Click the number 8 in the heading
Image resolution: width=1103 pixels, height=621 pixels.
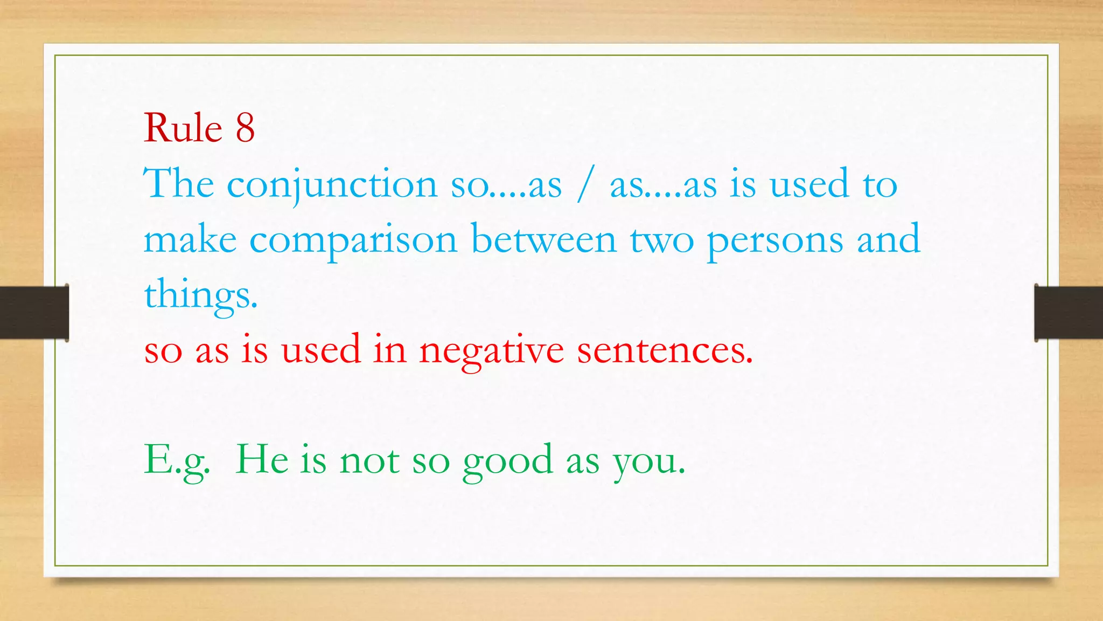(x=245, y=128)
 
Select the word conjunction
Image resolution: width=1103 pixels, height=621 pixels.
(x=332, y=185)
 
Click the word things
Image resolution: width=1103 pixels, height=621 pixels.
(x=200, y=295)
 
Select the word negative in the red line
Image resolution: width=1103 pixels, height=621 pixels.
(x=491, y=351)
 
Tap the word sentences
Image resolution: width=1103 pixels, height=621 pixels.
(x=665, y=350)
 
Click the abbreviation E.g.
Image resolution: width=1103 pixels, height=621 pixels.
(x=177, y=461)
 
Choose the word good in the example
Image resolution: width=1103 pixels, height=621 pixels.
(x=508, y=461)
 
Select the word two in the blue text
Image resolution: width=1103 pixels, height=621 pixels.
(x=662, y=240)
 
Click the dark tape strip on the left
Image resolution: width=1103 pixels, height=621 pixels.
(x=34, y=313)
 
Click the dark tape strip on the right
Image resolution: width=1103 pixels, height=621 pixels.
(x=1069, y=313)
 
